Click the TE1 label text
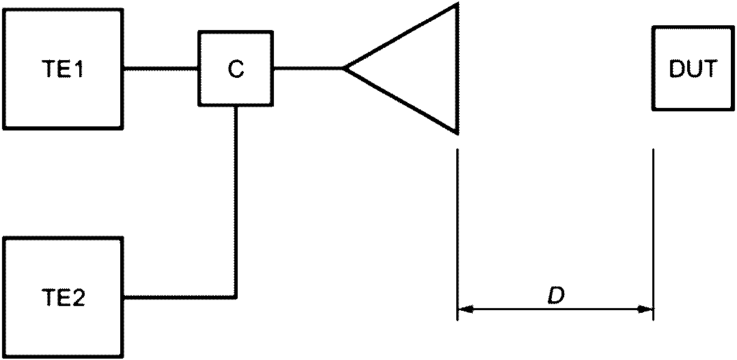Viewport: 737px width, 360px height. pyautogui.click(x=63, y=69)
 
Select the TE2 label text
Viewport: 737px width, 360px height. pyautogui.click(x=63, y=298)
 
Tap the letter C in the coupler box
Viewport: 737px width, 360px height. pyautogui.click(x=236, y=69)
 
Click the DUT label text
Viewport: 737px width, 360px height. pyautogui.click(x=693, y=69)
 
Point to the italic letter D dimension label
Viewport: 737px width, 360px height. pyautogui.click(x=555, y=295)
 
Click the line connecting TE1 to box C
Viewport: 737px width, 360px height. pyautogui.click(x=161, y=68)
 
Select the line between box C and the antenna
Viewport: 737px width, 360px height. pyautogui.click(x=308, y=68)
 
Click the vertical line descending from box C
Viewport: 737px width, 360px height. pyautogui.click(x=236, y=201)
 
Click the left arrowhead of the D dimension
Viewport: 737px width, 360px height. pyautogui.click(x=465, y=309)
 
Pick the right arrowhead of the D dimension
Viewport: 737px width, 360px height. pyautogui.click(x=646, y=309)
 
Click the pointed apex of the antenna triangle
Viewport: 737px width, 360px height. pyautogui.click(x=344, y=68)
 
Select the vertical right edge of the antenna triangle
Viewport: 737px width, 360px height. pyautogui.click(x=456, y=69)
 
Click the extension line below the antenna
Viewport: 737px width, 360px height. pyautogui.click(x=458, y=234)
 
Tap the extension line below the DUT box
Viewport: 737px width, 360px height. pyautogui.click(x=654, y=234)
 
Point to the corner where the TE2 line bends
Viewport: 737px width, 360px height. pyautogui.click(x=236, y=297)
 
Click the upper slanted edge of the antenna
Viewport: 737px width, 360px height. pyautogui.click(x=400, y=37)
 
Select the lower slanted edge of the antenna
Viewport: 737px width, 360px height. pyautogui.click(x=400, y=101)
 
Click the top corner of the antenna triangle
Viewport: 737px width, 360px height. pyautogui.click(x=457, y=4)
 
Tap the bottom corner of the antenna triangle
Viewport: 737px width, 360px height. pyautogui.click(x=457, y=134)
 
